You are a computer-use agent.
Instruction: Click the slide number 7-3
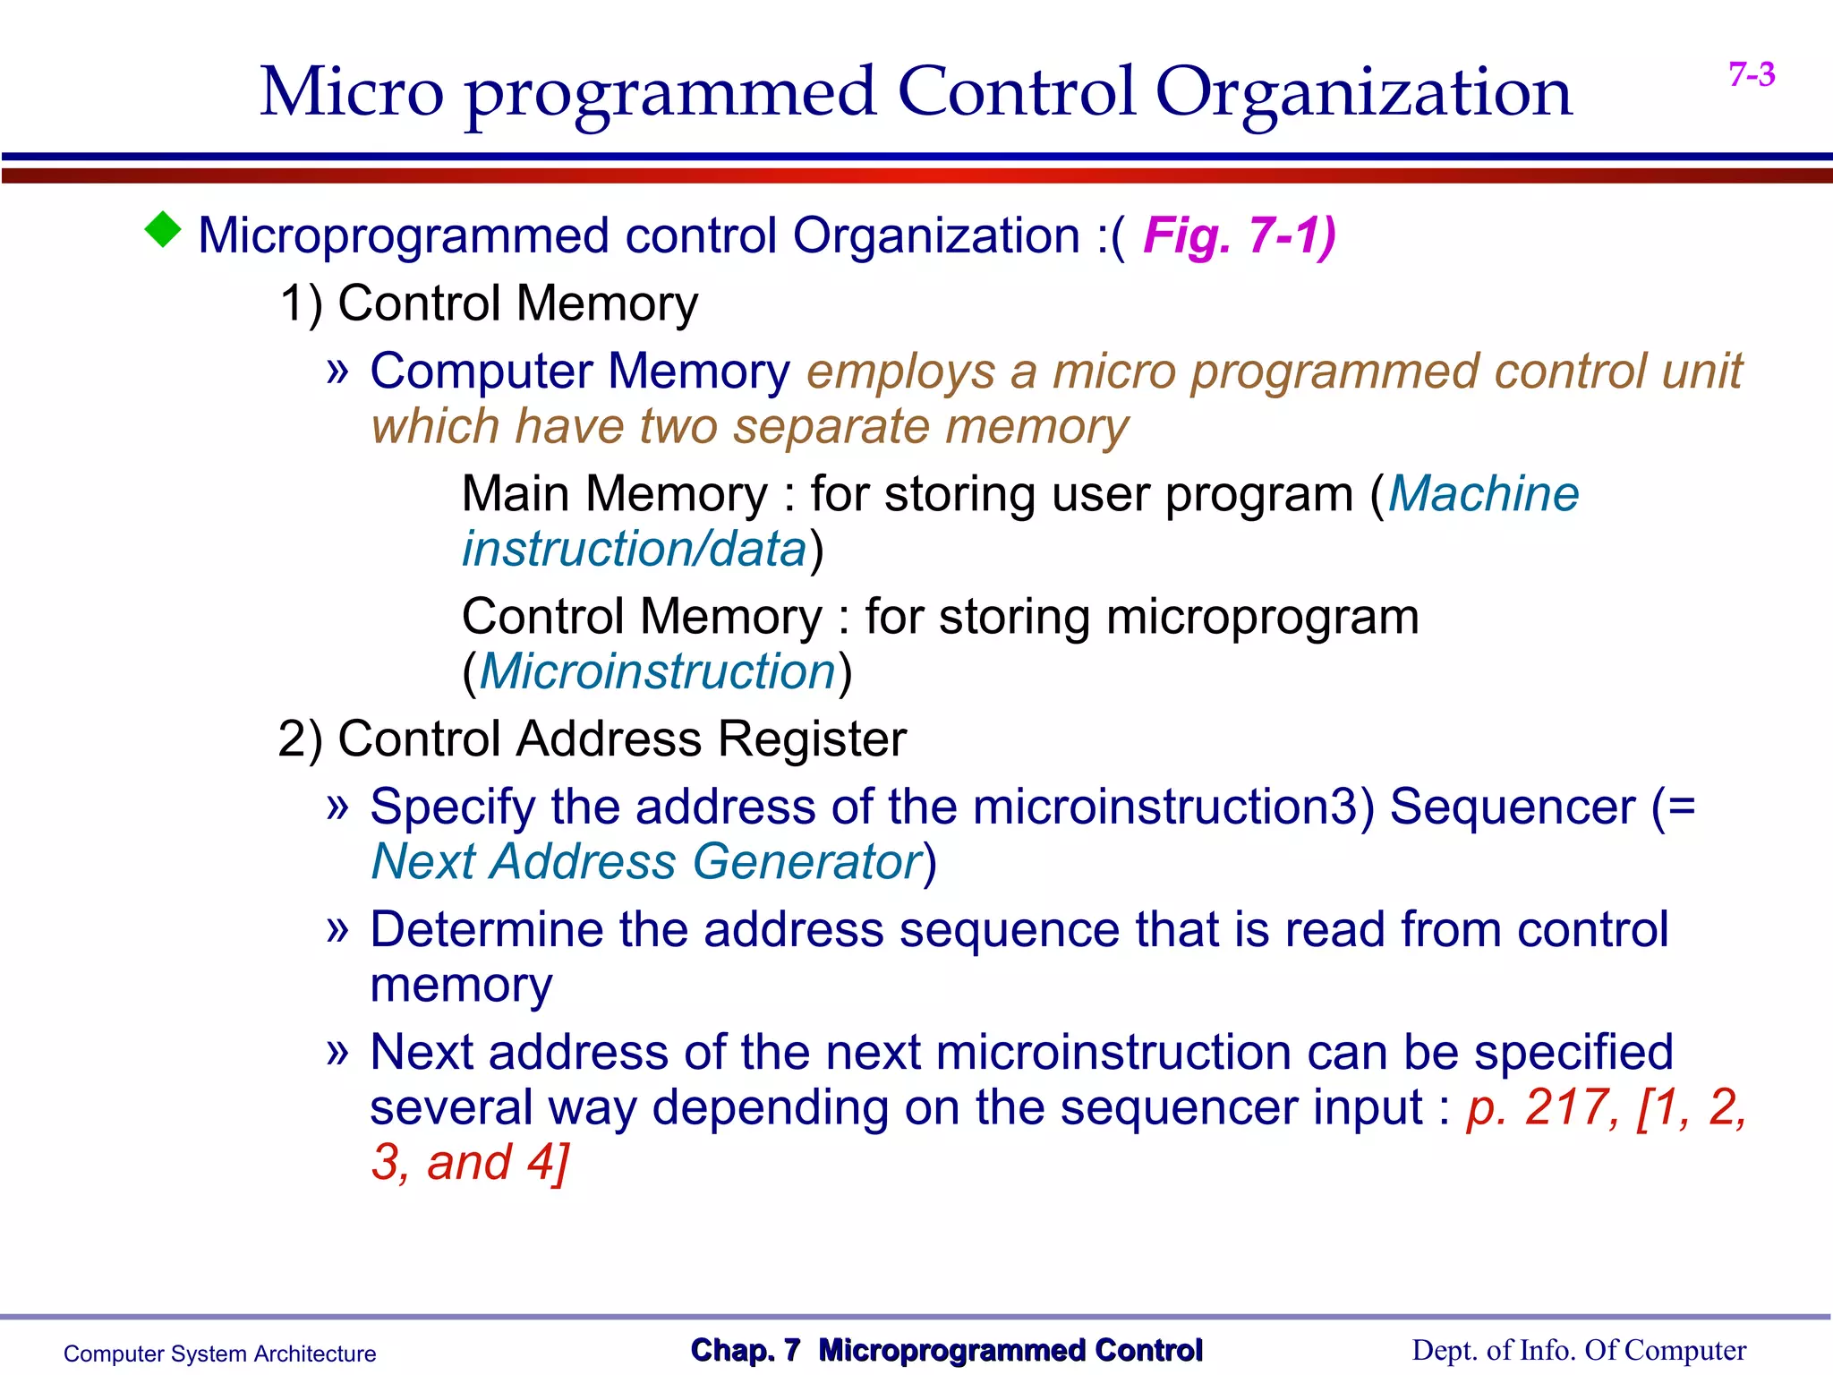[1752, 74]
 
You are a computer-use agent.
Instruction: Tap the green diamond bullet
[163, 230]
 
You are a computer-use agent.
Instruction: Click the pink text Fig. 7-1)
[1240, 236]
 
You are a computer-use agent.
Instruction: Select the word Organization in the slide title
[1363, 93]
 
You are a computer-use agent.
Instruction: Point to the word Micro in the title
[352, 93]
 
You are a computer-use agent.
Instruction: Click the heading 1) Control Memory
[489, 303]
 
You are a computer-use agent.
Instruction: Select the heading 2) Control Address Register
[592, 739]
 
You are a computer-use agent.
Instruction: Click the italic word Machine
[1483, 494]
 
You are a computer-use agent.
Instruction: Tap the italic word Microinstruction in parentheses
[658, 671]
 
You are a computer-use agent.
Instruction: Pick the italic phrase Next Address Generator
[646, 862]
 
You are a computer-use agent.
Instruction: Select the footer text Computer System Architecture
[219, 1354]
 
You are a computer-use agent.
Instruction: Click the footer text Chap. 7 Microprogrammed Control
[946, 1350]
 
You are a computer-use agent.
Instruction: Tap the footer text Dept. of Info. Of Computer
[1579, 1350]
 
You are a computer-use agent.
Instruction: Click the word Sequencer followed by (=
[1513, 807]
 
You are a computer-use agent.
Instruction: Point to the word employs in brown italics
[900, 372]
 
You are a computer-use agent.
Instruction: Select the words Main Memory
[615, 494]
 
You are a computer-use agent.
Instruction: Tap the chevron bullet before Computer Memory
[337, 371]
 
